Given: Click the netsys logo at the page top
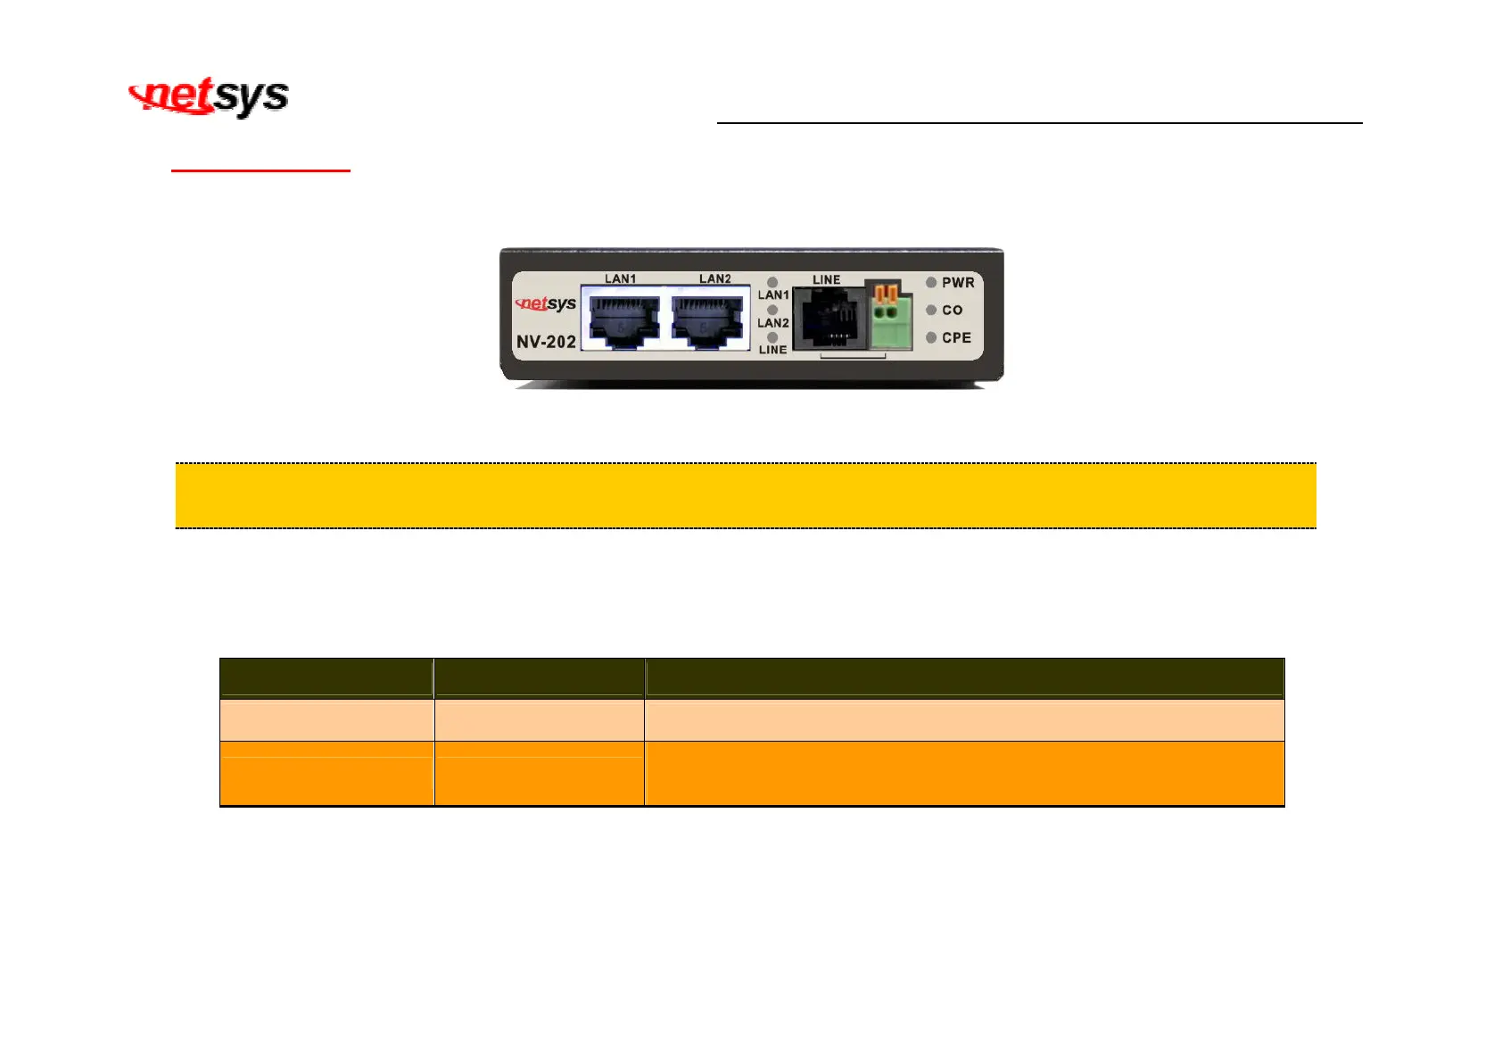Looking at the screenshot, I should [x=209, y=96].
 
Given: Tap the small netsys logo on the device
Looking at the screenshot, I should [x=546, y=303].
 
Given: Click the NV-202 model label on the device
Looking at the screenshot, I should [x=546, y=342].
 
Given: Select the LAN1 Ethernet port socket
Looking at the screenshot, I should [x=623, y=319].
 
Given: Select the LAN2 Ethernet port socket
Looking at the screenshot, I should [x=707, y=319].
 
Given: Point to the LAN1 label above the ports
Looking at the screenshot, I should [x=621, y=278].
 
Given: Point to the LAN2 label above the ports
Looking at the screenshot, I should [x=715, y=278].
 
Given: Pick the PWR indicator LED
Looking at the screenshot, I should [x=931, y=282].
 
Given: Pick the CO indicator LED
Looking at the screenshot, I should [x=931, y=310].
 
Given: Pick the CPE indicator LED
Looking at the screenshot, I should [x=931, y=337].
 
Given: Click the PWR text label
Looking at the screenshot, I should [x=958, y=283].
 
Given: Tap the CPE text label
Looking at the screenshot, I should [x=956, y=338].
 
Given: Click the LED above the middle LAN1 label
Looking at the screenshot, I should [x=772, y=282].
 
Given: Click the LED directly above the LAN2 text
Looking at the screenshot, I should [x=772, y=310].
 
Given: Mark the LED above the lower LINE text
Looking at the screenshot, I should [x=772, y=337].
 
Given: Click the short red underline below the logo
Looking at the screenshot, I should [x=260, y=170].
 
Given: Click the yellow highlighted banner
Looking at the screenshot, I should [x=746, y=495].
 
